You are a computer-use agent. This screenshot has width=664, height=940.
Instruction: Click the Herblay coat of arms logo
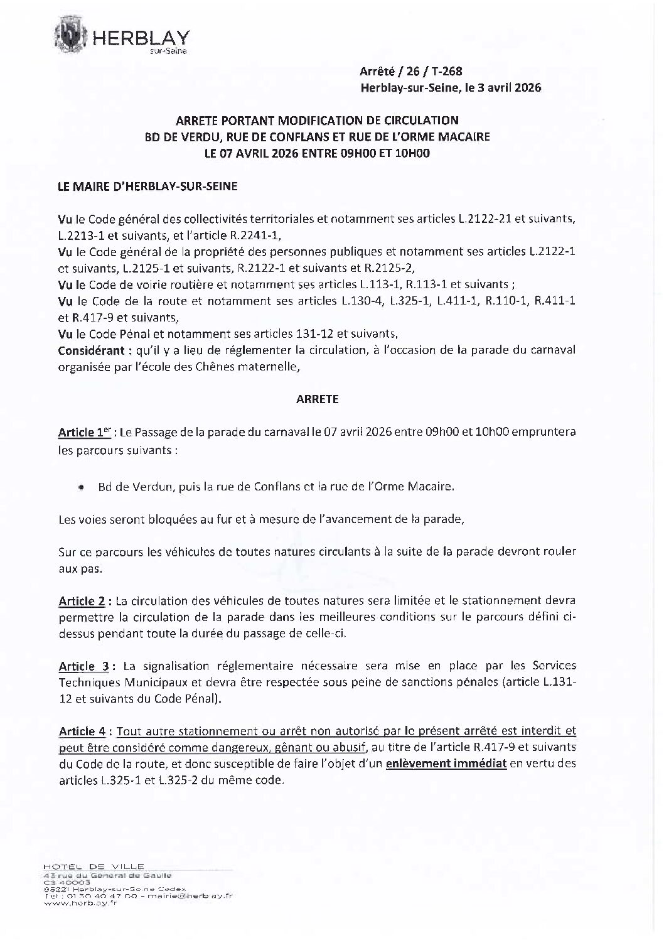pyautogui.click(x=73, y=35)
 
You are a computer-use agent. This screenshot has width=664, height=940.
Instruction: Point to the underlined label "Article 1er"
pyautogui.click(x=84, y=433)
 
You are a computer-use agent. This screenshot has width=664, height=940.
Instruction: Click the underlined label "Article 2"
pyautogui.click(x=82, y=601)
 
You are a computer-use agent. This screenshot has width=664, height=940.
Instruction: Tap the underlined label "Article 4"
pyautogui.click(x=82, y=731)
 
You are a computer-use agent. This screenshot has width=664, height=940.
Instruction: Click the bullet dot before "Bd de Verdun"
pyautogui.click(x=82, y=487)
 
